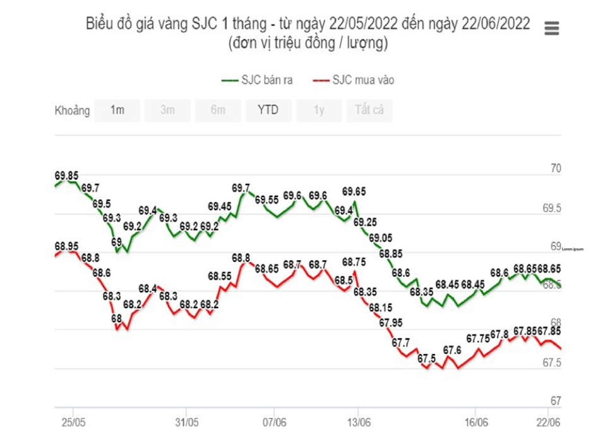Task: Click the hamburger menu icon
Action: (551, 28)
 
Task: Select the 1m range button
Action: (117, 110)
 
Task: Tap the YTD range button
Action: (268, 110)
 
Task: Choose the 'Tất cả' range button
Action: (369, 110)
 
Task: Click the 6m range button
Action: (218, 110)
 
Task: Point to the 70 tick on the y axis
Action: (556, 169)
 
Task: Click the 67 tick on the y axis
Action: (556, 401)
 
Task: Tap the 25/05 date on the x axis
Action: (73, 421)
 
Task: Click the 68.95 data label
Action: (66, 246)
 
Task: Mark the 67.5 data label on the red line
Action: (426, 359)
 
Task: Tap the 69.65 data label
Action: (354, 191)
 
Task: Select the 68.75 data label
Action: (354, 262)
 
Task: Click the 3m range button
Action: (167, 110)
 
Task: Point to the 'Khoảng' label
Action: (72, 111)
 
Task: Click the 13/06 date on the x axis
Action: (359, 421)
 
